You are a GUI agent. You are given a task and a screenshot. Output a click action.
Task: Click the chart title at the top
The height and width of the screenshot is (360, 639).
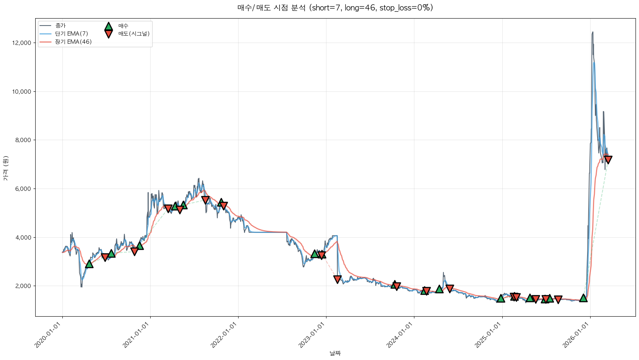click(x=335, y=8)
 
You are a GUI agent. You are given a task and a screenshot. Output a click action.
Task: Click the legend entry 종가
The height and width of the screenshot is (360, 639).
click(x=60, y=26)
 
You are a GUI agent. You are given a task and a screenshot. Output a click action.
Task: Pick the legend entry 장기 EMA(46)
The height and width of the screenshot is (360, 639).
click(x=73, y=42)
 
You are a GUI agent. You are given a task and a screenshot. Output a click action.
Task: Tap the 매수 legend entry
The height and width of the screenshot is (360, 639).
click(x=123, y=26)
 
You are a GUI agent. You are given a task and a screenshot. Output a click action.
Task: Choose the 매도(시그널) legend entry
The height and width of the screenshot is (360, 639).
click(x=134, y=34)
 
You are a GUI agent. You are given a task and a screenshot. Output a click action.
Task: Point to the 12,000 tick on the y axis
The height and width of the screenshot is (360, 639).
click(x=22, y=43)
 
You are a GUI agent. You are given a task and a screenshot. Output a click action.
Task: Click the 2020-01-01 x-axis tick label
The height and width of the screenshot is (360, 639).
click(x=49, y=335)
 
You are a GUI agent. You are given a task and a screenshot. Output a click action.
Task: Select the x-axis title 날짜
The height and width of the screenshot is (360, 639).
click(x=335, y=353)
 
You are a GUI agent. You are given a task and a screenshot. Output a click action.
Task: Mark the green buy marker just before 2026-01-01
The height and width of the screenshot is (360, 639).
click(x=583, y=298)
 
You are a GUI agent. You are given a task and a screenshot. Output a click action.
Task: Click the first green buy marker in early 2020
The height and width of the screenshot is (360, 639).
click(x=89, y=264)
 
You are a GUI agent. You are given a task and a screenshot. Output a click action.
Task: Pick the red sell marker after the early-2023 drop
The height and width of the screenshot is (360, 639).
click(x=337, y=279)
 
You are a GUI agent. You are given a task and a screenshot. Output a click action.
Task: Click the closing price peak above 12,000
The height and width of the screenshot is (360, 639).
click(x=593, y=33)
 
